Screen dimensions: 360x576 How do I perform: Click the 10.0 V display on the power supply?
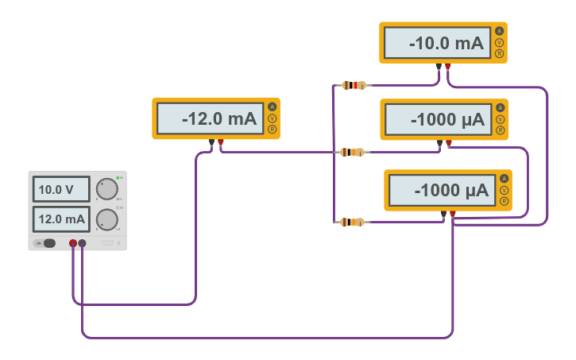[61, 190]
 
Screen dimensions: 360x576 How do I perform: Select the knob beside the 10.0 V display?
[106, 189]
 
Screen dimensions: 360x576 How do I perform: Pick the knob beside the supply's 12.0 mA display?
[106, 219]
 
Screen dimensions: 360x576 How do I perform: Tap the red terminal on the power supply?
[73, 243]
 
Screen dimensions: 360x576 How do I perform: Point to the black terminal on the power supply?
[83, 243]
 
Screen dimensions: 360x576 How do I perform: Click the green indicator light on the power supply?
[118, 177]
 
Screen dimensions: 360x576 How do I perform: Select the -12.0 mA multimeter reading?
[208, 119]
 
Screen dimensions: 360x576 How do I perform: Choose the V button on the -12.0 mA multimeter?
[272, 118]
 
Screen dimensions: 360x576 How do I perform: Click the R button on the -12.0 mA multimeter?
[272, 129]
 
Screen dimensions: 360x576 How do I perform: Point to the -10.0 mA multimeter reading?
[435, 44]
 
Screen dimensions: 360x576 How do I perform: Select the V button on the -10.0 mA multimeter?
[499, 43]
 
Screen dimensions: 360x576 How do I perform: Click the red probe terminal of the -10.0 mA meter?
[448, 67]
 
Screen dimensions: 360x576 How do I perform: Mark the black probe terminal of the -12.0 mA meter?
[211, 143]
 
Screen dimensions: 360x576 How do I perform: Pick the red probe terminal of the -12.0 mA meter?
[221, 143]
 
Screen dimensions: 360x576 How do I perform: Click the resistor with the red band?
[353, 85]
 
